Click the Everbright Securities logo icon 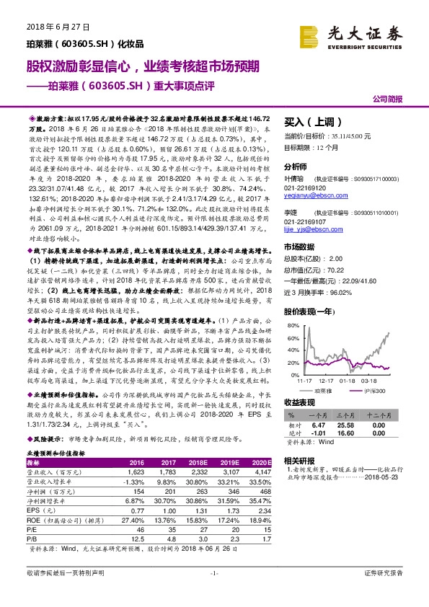pos(311,35)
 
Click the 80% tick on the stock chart pos(291,326)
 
